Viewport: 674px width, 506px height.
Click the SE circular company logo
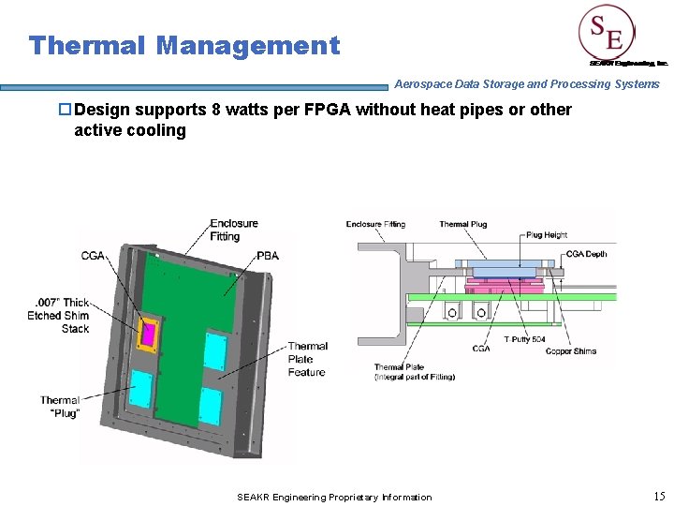point(606,34)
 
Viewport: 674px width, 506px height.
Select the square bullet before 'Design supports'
point(66,110)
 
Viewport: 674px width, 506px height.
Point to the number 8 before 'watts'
point(217,110)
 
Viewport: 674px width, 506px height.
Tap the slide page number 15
point(659,496)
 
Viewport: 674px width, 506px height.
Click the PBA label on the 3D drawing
point(268,255)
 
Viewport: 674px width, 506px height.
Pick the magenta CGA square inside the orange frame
point(148,332)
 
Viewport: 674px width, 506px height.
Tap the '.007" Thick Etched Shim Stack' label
point(60,316)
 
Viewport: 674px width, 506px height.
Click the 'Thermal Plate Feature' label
point(307,359)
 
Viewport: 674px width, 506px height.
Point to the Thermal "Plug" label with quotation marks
point(60,407)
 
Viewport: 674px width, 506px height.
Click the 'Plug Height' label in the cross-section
point(548,235)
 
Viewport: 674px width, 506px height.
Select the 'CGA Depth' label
point(584,254)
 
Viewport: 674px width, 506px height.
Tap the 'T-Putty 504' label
point(524,339)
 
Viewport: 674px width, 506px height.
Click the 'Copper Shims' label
point(571,351)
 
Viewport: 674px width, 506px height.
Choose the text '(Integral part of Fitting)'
point(415,377)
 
